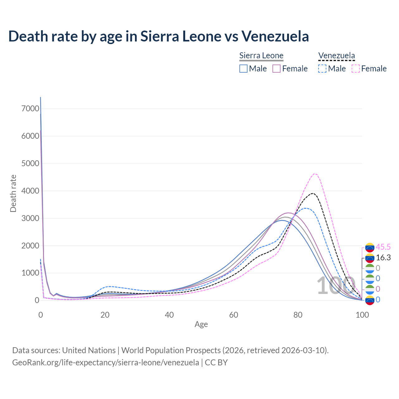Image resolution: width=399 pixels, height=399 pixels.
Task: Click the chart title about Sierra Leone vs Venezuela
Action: tap(159, 36)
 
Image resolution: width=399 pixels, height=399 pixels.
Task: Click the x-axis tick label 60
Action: tap(233, 315)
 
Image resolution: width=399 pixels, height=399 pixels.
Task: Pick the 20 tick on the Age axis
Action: tap(105, 315)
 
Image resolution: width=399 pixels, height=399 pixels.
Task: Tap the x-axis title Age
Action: tap(201, 324)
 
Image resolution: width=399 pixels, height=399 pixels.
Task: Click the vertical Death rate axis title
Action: tap(13, 194)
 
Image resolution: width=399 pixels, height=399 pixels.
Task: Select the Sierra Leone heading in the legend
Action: tap(261, 56)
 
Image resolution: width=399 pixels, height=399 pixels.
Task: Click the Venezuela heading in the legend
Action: tap(336, 56)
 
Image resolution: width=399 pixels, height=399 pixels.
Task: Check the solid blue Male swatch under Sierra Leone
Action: tap(243, 69)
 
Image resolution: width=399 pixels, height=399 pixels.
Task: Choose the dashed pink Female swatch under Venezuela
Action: tap(356, 69)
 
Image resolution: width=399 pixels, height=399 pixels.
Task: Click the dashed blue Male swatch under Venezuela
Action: tap(322, 69)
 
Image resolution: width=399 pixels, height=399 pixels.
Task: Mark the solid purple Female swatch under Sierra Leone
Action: tap(276, 69)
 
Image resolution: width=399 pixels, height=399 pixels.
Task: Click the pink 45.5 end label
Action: tap(383, 247)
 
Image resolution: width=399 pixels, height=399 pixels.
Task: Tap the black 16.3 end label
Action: tap(383, 258)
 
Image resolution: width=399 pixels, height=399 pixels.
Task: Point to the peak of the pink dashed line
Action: tap(315, 174)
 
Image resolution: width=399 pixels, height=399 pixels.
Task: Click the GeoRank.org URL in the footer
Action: tap(105, 363)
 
